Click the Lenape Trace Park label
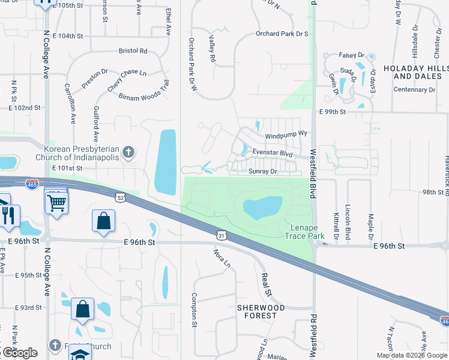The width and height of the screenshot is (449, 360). coord(307,232)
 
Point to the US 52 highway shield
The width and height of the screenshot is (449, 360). coord(120,197)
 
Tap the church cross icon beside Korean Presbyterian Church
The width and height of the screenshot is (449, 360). coord(127,152)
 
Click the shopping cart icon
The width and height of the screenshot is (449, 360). coord(56,202)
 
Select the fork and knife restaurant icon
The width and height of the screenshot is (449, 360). coord(8,215)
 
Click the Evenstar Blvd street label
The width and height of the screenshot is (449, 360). coord(272,154)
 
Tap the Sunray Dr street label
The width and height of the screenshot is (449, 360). coord(262,172)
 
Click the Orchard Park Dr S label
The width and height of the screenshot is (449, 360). coord(282,34)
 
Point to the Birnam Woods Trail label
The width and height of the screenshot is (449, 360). coord(144,89)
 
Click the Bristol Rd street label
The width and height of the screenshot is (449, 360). coord(133,51)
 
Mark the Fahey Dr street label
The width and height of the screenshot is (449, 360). coord(348,55)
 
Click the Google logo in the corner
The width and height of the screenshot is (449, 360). coord(19,353)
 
